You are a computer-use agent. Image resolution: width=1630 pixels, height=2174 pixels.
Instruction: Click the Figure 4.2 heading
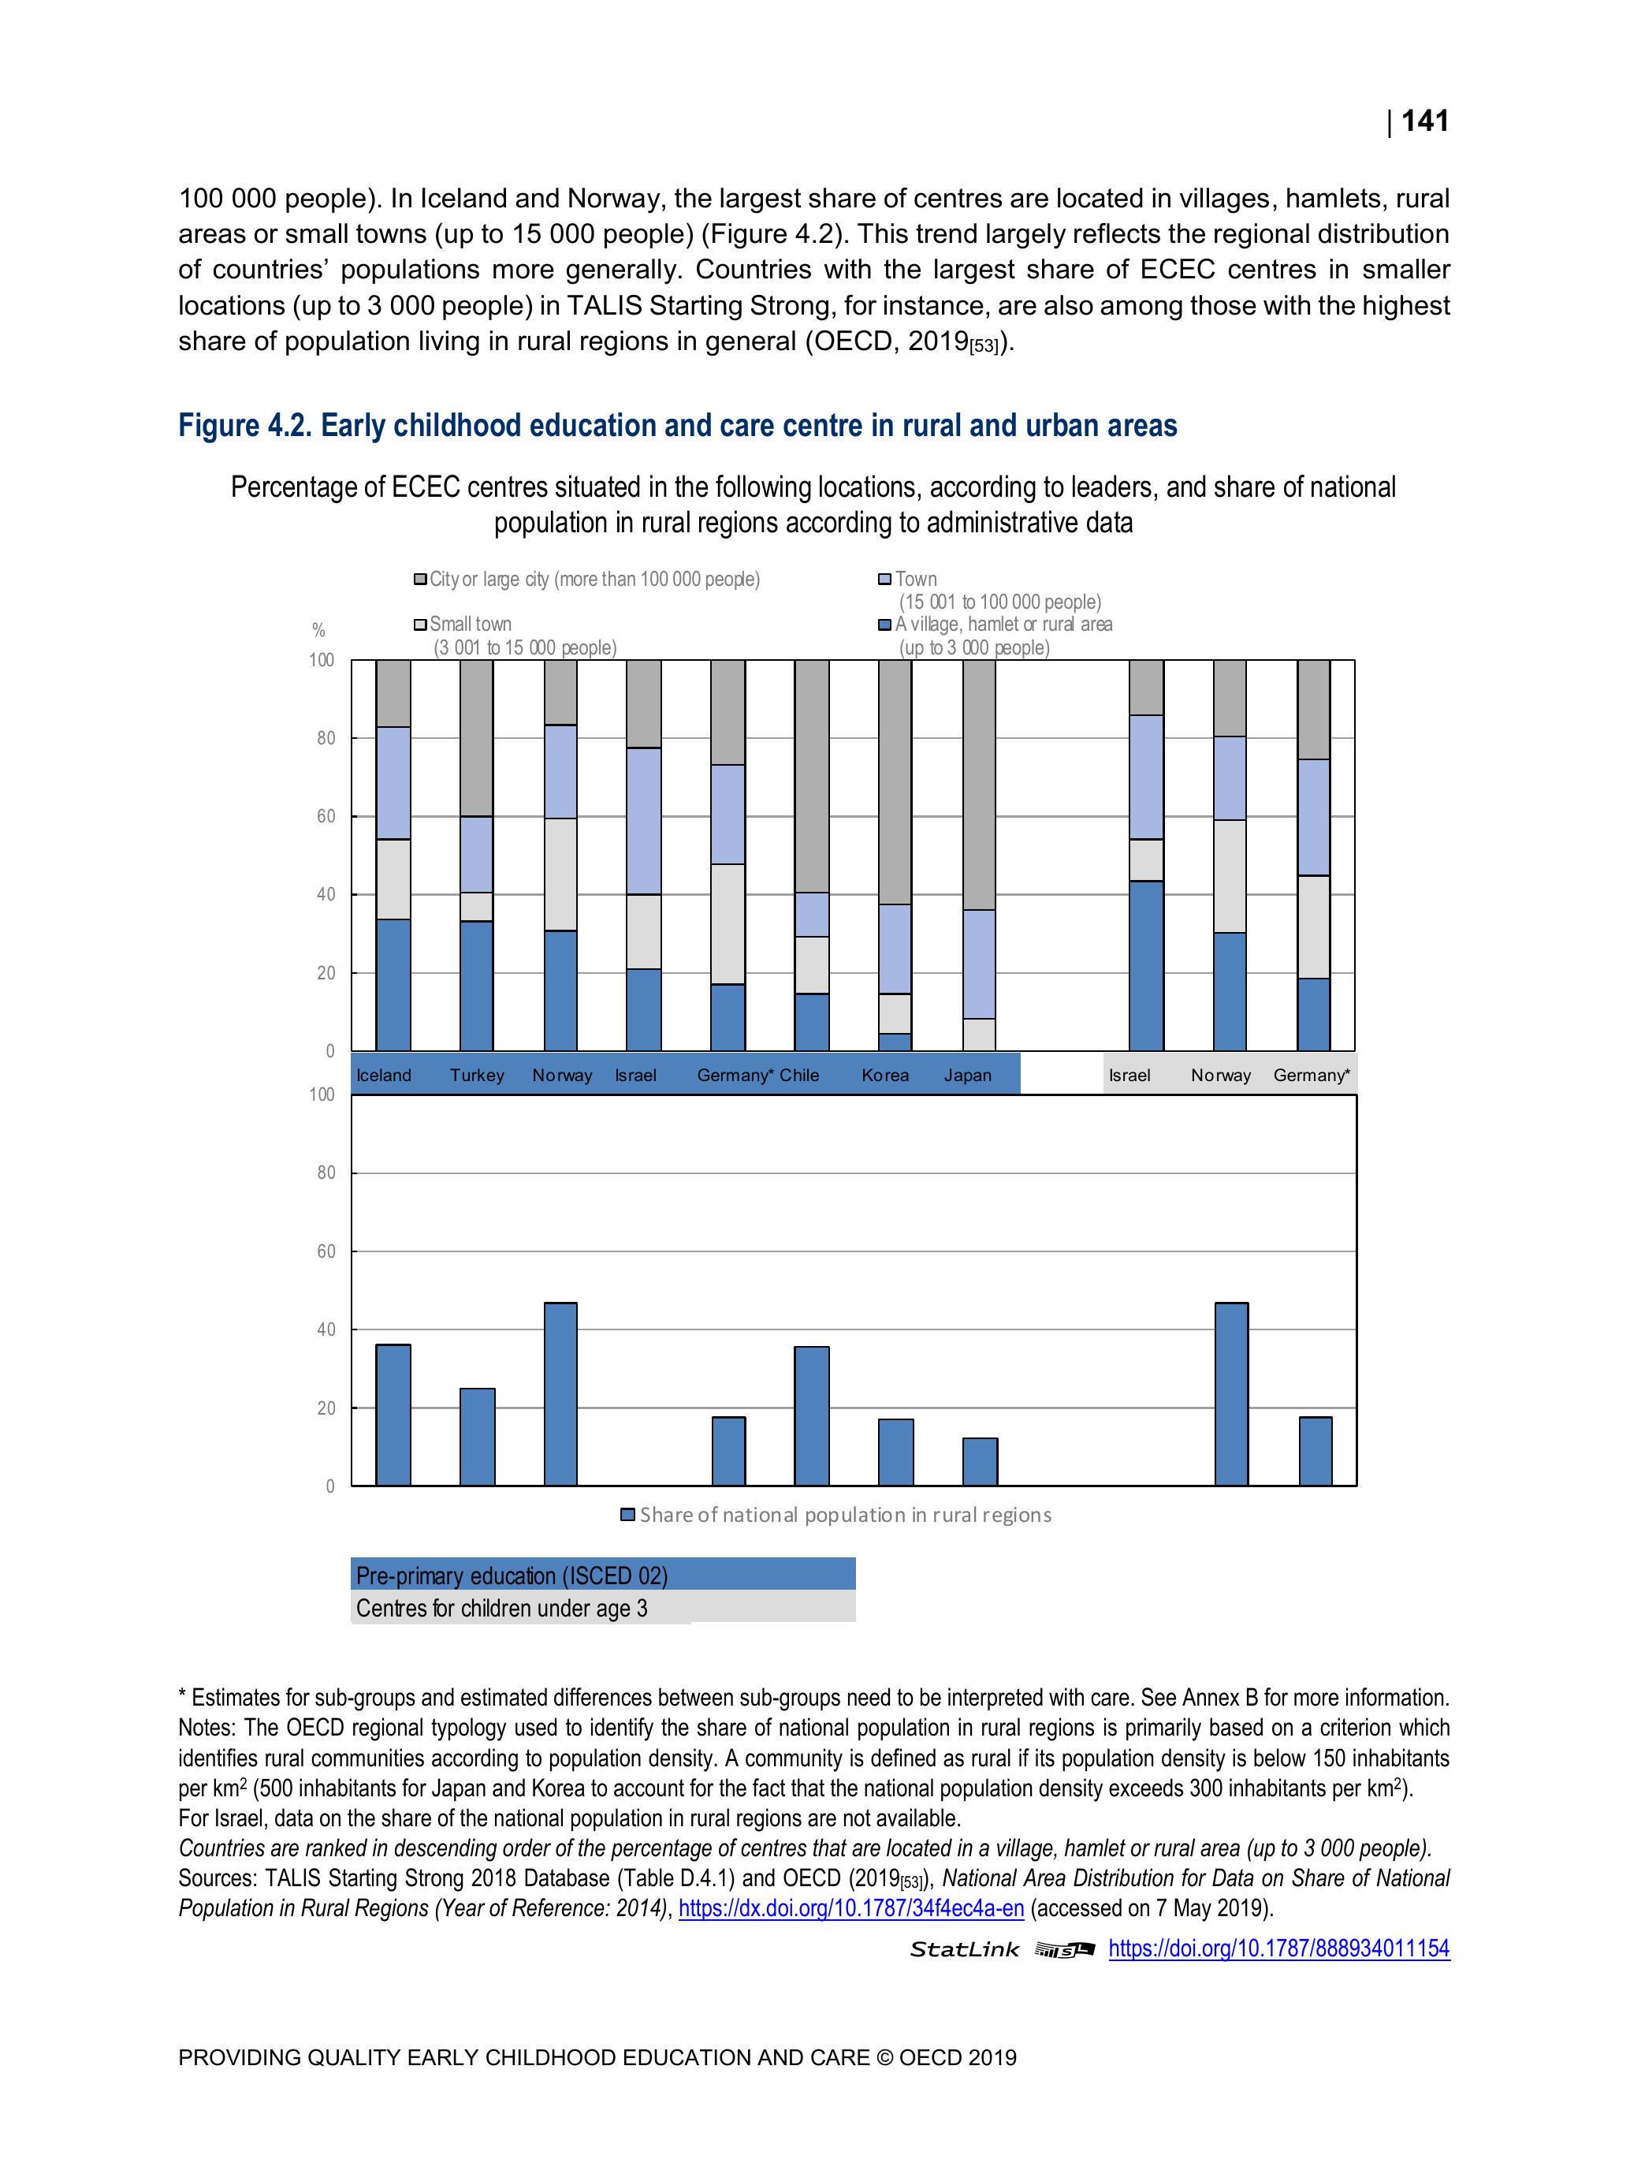coord(677,426)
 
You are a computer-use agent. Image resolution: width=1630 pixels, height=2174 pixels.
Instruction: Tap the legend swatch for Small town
coord(421,624)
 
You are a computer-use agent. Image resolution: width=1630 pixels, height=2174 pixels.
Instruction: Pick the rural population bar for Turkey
coord(478,1436)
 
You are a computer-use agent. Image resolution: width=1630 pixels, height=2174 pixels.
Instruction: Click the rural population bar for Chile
coord(812,1415)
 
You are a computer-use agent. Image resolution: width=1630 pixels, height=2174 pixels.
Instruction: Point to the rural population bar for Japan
coord(980,1461)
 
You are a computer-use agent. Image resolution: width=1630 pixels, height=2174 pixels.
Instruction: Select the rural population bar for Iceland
coord(393,1415)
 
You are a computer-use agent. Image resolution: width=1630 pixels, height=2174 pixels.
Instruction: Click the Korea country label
coord(884,1076)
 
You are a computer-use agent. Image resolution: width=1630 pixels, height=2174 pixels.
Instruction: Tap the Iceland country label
coord(383,1076)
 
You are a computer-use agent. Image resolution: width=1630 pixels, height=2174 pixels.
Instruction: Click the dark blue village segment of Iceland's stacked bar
coord(393,985)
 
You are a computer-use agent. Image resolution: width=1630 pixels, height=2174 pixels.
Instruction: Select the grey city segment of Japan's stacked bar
coord(980,785)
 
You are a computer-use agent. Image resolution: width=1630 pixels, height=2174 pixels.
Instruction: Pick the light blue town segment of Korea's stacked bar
coord(895,949)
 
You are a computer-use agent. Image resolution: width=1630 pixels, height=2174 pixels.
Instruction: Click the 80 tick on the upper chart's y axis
coord(326,738)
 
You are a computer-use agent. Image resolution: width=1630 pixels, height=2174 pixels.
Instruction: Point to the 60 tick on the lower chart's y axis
coord(326,1251)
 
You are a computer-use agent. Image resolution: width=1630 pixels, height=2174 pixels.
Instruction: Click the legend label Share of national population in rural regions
coord(845,1515)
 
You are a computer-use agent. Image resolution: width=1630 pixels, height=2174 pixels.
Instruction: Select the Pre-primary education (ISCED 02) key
coord(512,1575)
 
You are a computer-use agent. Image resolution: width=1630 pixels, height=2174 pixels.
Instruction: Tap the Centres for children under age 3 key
coord(501,1608)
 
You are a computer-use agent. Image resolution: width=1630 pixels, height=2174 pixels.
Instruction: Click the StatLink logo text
coord(964,1950)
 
